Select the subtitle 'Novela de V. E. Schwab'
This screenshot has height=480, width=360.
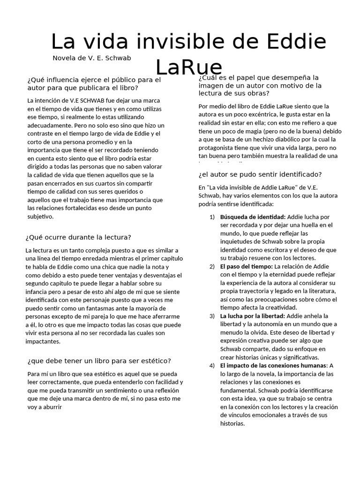92,58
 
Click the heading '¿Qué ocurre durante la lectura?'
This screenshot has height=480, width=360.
78,237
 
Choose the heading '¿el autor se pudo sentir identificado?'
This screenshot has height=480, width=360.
260,174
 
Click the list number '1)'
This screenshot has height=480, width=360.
212,217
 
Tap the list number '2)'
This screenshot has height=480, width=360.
212,266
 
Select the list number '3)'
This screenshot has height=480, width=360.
212,316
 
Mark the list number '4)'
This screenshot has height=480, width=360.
212,365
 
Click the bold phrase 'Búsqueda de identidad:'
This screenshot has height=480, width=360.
253,217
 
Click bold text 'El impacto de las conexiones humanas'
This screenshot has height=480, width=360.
273,365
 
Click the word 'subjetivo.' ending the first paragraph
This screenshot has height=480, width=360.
41,216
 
